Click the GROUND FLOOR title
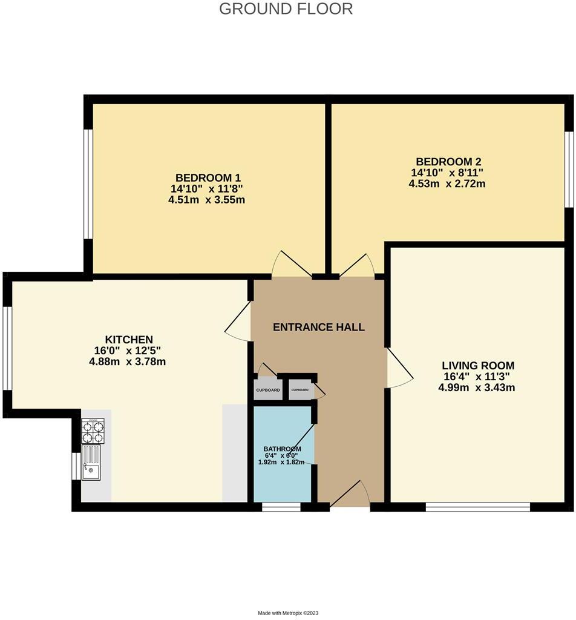click(x=286, y=9)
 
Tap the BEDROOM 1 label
click(x=208, y=177)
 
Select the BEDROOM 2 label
click(x=448, y=162)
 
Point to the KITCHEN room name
click(x=129, y=340)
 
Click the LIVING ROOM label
click(x=478, y=365)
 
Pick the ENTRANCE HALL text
click(x=319, y=328)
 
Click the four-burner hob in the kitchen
click(x=93, y=430)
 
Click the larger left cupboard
click(x=267, y=390)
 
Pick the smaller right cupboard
click(x=300, y=390)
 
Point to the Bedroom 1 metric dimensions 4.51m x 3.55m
click(x=207, y=200)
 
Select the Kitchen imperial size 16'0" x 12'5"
click(x=128, y=351)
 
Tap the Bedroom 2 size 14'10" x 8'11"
click(x=448, y=173)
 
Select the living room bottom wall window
click(x=478, y=507)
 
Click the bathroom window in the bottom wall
click(x=281, y=507)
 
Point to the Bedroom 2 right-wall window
click(x=569, y=170)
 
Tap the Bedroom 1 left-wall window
click(x=88, y=183)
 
